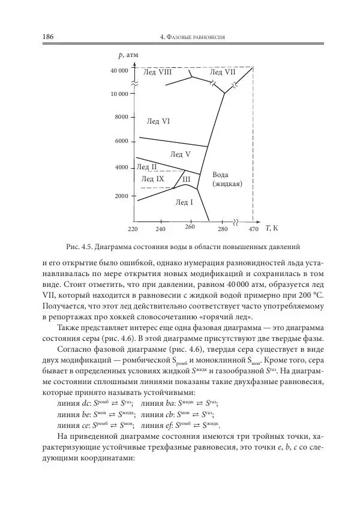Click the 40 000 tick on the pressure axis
tap(119, 71)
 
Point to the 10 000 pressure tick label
tap(119, 94)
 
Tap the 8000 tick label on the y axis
tap(122, 117)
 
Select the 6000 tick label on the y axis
tap(122, 141)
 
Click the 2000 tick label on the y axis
tap(122, 196)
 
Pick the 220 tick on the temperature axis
tap(134, 229)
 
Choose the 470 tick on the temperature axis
tap(253, 229)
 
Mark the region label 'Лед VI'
tap(158, 121)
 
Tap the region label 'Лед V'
tap(180, 154)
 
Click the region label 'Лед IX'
tap(152, 179)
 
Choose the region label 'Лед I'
tap(184, 203)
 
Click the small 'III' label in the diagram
tap(186, 179)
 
